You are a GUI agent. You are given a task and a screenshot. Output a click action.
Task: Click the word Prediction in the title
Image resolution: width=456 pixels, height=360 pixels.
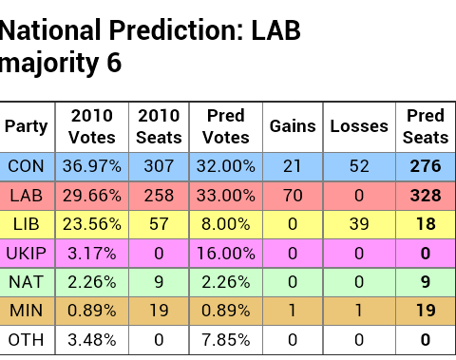point(177,30)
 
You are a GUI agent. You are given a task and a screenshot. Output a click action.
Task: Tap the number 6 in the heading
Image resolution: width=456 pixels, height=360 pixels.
point(114,63)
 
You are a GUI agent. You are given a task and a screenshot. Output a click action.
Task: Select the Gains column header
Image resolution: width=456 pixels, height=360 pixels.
point(293,126)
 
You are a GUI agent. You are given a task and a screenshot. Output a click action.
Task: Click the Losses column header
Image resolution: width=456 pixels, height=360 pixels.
point(359,126)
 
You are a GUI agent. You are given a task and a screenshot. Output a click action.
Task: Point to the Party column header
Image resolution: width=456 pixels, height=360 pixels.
point(26,127)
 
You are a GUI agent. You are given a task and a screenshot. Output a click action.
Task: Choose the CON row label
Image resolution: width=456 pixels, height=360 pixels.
point(26,166)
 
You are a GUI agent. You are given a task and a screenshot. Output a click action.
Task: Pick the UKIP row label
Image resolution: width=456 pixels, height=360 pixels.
point(26,254)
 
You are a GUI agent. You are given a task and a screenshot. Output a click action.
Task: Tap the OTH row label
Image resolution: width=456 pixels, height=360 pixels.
point(26,340)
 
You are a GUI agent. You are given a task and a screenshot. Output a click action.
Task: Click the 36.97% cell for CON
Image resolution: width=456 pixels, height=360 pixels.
point(92,166)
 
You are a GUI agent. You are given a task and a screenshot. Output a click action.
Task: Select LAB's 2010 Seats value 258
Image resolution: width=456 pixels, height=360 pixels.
point(159,196)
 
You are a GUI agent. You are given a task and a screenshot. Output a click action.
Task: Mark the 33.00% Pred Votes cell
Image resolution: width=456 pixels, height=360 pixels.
point(226,196)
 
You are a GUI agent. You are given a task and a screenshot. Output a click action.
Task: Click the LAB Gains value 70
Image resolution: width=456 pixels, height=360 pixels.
point(293,196)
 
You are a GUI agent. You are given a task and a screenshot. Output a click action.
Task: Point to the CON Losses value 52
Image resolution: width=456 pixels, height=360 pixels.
point(359,166)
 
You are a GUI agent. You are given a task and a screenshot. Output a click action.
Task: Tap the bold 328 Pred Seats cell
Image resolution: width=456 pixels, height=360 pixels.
point(426,196)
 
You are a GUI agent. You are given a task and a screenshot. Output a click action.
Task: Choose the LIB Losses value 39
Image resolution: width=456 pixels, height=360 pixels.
point(359,224)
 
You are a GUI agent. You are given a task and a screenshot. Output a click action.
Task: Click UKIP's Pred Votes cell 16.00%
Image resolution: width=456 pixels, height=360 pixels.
point(226,254)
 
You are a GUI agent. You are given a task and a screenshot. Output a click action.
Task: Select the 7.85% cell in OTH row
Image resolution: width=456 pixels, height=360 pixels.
point(226,340)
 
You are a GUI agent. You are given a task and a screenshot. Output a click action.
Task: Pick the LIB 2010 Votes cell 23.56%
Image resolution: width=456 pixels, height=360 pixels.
point(92,224)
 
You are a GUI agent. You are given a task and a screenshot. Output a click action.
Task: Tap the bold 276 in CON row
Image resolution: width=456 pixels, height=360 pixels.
point(426,166)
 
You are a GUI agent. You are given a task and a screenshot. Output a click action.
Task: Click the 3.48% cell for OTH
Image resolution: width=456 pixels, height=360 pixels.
point(92,340)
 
